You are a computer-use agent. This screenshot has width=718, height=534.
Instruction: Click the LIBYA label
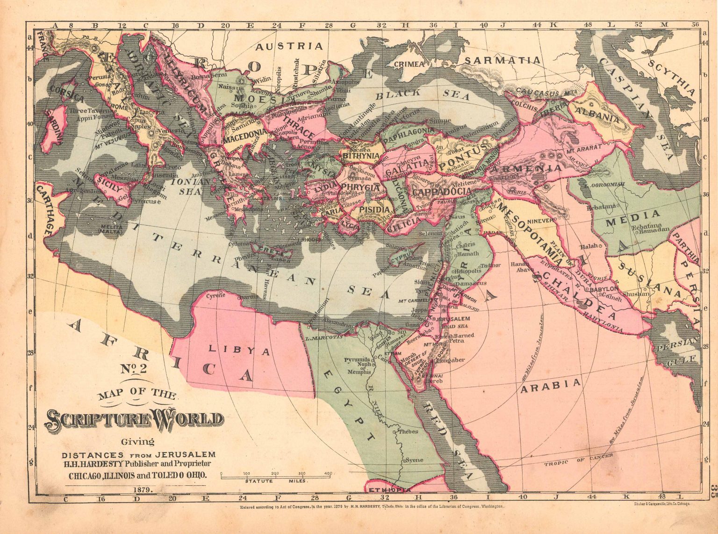tap(239, 350)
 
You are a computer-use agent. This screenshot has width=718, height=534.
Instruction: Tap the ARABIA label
tap(552, 385)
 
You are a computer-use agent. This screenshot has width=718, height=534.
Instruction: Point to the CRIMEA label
tap(409, 64)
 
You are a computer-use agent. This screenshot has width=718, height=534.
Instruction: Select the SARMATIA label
tap(502, 60)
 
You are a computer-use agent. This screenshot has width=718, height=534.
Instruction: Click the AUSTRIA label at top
tap(289, 46)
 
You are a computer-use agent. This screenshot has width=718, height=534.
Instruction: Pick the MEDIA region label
tap(632, 216)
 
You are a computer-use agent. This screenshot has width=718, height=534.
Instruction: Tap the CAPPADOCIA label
tap(441, 192)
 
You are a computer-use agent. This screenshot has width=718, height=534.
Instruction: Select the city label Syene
tap(414, 460)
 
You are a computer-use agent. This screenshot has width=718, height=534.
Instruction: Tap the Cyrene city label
tap(216, 295)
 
